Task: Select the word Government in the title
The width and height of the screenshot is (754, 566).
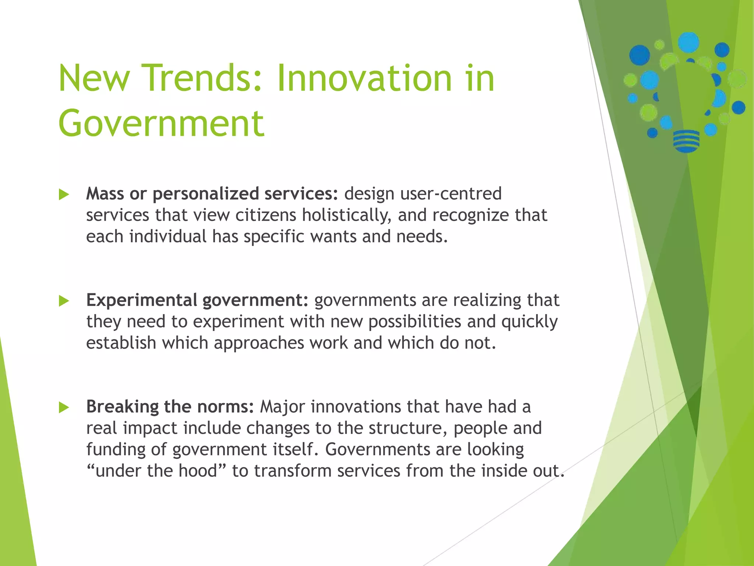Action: tap(161, 123)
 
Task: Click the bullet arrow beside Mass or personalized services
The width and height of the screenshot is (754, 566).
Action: tap(64, 195)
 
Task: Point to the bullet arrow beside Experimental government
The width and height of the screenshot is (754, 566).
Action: tap(64, 301)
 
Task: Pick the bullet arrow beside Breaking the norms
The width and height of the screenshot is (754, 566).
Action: tap(64, 408)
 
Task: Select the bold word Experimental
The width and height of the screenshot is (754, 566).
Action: tap(141, 300)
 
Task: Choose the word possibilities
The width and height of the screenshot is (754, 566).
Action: tap(415, 322)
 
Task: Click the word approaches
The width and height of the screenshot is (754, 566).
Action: tap(258, 343)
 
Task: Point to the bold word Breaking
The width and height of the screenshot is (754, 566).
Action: tap(122, 407)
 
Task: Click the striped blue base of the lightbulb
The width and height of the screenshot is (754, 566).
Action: tap(686, 141)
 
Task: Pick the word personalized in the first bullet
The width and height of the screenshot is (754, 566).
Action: tap(205, 194)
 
